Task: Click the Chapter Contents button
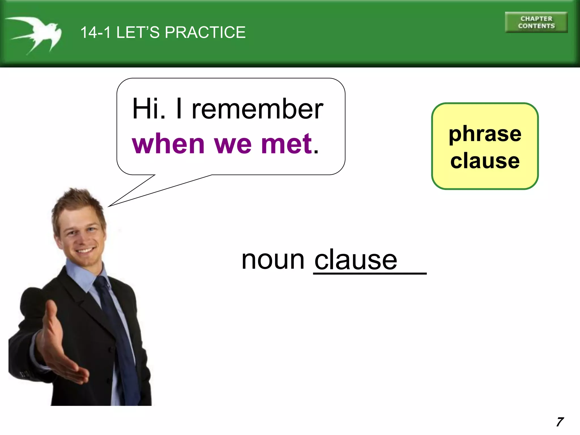[x=536, y=22]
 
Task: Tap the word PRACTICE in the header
[x=205, y=32]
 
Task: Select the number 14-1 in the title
[x=95, y=32]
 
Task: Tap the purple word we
[x=233, y=144]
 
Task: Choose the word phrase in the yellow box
[x=485, y=134]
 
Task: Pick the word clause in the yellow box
[x=485, y=161]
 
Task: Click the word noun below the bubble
[x=273, y=260]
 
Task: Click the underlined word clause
[x=356, y=260]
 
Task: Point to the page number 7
[x=560, y=422]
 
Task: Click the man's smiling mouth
[x=85, y=251]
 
